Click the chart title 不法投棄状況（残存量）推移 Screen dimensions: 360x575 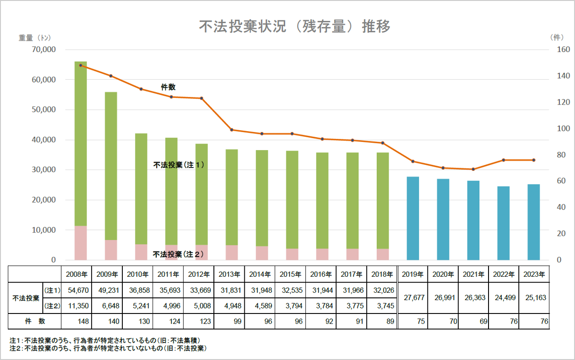[x=294, y=27]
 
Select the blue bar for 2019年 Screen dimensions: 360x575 [x=413, y=218]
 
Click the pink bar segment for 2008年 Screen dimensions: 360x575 [x=80, y=243]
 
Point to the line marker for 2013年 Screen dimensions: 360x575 [x=232, y=130]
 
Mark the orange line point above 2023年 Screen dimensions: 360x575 [x=534, y=160]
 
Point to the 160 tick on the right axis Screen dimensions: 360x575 [x=563, y=50]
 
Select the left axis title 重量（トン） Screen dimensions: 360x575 [x=35, y=38]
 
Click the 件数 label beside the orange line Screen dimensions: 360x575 [x=168, y=87]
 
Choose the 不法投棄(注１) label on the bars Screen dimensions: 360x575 [x=178, y=164]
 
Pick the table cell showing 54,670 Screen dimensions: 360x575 [x=76, y=290]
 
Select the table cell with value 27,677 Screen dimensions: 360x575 [x=413, y=297]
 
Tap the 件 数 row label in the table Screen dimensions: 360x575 [x=35, y=321]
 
